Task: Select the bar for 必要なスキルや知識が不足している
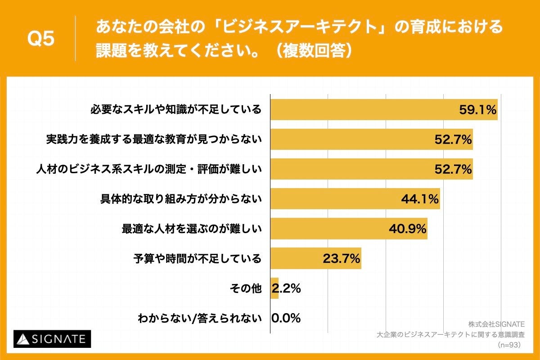pyautogui.click(x=360, y=109)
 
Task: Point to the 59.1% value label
pyautogui.click(x=477, y=109)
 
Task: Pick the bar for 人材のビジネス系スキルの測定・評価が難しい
pyautogui.click(x=351, y=169)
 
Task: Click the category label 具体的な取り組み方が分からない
pyautogui.click(x=180, y=198)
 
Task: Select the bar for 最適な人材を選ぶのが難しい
pyautogui.click(x=328, y=229)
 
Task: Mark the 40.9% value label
pyautogui.click(x=408, y=229)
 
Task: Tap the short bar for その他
pyautogui.click(x=274, y=288)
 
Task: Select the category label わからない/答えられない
pyautogui.click(x=199, y=319)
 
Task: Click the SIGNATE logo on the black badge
pyautogui.click(x=52, y=339)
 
